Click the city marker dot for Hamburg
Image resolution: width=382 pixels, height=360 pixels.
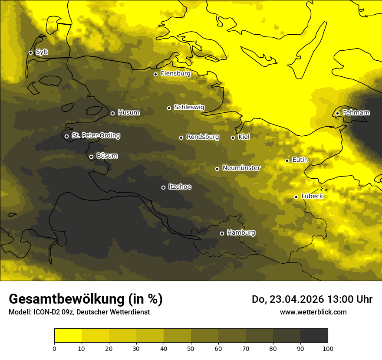222,233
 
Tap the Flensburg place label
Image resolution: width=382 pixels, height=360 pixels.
175,74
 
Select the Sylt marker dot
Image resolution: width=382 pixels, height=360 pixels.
30,52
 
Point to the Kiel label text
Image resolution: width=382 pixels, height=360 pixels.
244,137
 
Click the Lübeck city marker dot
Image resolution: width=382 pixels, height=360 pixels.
296,197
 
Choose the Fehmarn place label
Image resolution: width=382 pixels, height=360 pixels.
356,113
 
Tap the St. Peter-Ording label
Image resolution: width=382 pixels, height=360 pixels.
95,136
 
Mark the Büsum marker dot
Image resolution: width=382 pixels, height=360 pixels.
91,157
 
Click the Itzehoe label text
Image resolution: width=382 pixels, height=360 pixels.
180,187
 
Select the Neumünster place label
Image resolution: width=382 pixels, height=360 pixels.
241,168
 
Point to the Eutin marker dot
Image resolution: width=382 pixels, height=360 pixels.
287,160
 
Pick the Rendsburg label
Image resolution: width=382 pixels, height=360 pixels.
202,137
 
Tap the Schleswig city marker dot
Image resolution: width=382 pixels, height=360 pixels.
169,108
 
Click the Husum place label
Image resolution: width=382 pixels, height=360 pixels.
128,113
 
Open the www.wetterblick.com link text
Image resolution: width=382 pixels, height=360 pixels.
313,312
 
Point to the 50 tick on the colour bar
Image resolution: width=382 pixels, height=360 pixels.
191,348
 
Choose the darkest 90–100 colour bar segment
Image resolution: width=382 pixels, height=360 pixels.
314,335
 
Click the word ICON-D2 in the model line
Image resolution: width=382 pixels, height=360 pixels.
45,312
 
